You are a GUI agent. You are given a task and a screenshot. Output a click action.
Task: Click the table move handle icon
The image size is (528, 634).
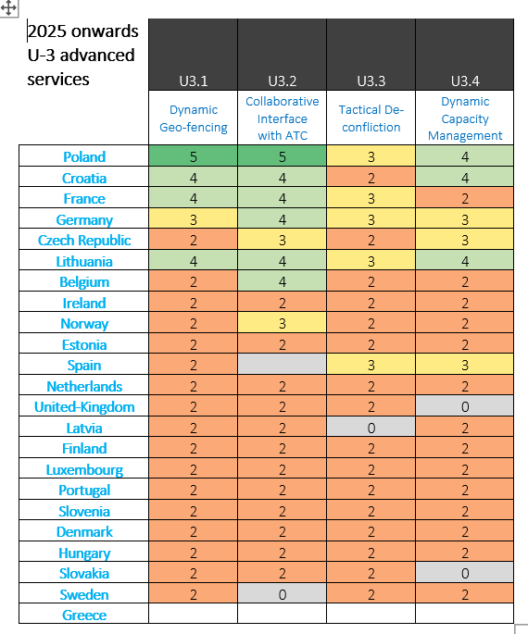[x=8, y=7]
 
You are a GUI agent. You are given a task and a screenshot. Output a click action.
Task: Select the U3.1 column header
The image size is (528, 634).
[x=193, y=81]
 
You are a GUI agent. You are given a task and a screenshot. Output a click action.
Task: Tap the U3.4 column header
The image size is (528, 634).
[x=465, y=81]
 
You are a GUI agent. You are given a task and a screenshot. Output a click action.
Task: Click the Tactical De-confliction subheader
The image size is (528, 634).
[x=371, y=118]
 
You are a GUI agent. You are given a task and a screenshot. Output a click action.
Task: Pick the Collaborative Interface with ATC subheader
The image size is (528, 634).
[x=282, y=118]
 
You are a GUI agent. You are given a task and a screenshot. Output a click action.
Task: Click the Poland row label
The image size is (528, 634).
[x=84, y=156]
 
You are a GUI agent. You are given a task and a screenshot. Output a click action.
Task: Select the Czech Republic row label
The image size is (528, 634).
[x=84, y=240]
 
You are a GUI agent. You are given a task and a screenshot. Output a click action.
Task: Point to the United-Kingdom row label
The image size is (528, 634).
[x=84, y=406]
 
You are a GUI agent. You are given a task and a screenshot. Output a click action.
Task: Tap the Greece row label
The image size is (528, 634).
[x=84, y=615]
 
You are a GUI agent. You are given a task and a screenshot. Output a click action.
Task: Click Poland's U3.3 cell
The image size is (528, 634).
[x=371, y=156]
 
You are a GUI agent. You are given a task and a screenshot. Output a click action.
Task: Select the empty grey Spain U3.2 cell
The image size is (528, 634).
[x=282, y=364]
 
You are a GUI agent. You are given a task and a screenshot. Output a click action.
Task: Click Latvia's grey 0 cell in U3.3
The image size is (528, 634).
[x=371, y=427]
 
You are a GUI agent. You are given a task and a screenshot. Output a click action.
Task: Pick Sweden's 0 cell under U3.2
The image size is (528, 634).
[x=282, y=593]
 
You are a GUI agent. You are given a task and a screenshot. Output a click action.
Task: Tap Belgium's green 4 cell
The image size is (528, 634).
[x=282, y=281]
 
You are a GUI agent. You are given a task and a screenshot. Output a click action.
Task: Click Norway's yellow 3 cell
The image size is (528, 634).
[x=282, y=323]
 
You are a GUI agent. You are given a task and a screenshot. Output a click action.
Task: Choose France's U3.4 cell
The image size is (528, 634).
[x=465, y=198]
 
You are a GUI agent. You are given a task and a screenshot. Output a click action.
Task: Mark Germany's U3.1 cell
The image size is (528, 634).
[x=193, y=218]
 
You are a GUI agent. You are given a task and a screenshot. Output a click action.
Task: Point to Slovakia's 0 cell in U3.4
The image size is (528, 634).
[x=465, y=573]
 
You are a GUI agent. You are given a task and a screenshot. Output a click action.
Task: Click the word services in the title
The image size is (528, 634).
[x=58, y=80]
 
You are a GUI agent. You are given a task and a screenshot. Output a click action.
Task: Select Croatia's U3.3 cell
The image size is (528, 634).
[x=371, y=177]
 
